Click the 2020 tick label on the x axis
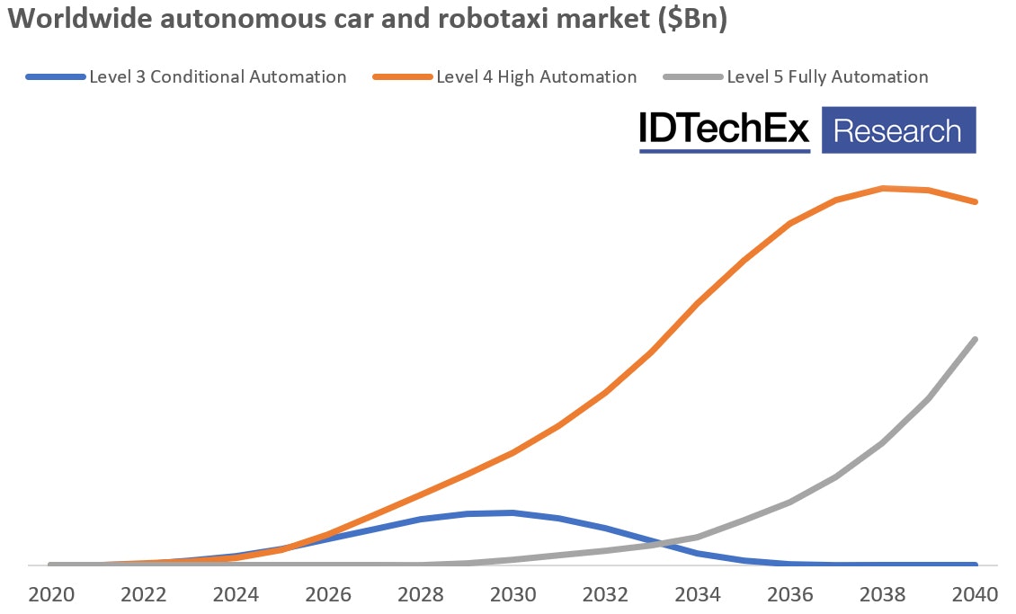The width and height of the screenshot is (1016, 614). [x=50, y=594]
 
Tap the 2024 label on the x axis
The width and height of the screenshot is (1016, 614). [x=236, y=594]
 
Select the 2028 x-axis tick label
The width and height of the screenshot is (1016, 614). [x=420, y=594]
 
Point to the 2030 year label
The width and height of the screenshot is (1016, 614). [x=512, y=594]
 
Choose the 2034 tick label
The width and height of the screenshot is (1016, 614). [x=698, y=594]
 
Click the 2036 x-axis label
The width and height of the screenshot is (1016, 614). [x=790, y=594]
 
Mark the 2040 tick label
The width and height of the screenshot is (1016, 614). [x=976, y=594]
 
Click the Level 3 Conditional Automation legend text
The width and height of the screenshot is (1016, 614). [x=218, y=77]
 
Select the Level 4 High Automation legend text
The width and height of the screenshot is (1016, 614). [x=536, y=77]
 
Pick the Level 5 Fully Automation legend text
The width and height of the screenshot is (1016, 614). [x=827, y=77]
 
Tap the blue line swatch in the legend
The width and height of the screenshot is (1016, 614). [x=56, y=77]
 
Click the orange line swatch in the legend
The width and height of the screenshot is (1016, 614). [x=403, y=77]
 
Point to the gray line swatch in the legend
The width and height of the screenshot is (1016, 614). [x=693, y=77]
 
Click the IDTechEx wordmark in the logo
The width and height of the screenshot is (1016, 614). [x=725, y=130]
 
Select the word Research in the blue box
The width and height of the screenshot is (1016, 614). [x=897, y=131]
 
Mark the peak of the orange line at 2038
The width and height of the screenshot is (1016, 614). [x=883, y=188]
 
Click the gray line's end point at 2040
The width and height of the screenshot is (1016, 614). [x=976, y=339]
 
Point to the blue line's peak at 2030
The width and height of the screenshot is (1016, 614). [x=512, y=512]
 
